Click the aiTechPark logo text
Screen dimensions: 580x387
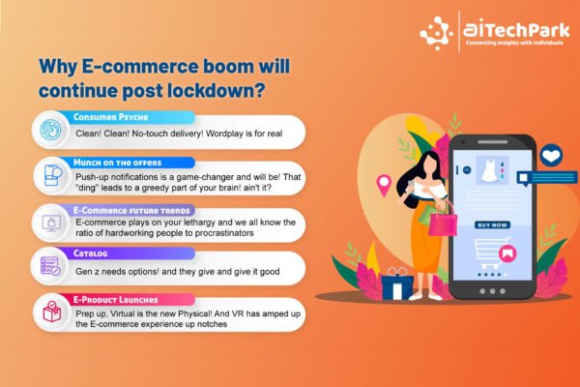point(516,30)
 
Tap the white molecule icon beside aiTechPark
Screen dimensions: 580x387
point(436,33)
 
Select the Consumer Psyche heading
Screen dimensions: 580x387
point(110,117)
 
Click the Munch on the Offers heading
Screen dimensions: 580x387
point(117,163)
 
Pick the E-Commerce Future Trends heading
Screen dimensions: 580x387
point(131,210)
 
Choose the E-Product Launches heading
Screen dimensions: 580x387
point(115,300)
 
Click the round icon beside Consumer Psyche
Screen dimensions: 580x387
point(50,130)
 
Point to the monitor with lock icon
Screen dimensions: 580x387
point(51,223)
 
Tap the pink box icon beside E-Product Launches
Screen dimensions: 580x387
point(52,312)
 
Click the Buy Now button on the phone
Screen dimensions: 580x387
point(492,224)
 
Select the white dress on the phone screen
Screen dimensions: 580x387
point(490,170)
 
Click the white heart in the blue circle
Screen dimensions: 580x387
point(551,155)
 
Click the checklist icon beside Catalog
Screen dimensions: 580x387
point(50,266)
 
